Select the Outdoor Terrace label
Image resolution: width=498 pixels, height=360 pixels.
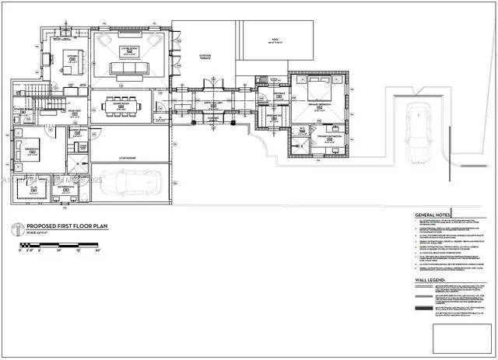pos(206,57)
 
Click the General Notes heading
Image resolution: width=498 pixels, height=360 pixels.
pos(435,215)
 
